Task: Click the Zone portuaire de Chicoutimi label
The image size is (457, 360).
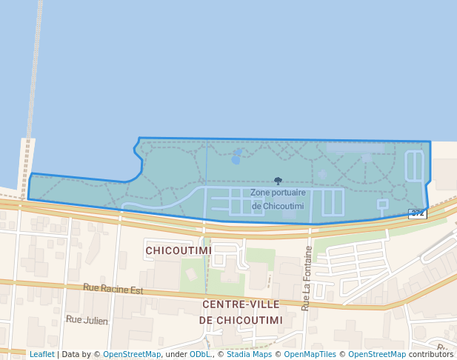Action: [x=278, y=199]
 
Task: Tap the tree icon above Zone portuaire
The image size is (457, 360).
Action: [x=278, y=181]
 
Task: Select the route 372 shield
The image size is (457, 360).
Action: [x=417, y=213]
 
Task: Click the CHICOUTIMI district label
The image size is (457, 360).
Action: [x=179, y=250]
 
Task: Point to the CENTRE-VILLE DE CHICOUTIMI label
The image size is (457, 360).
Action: [x=241, y=312]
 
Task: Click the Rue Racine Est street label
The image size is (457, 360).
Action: [x=113, y=289]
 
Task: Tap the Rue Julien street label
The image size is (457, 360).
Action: [x=87, y=320]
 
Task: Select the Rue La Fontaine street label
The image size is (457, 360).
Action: [x=306, y=278]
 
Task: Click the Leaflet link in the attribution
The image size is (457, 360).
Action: [x=41, y=354]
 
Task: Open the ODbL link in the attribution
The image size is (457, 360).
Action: [x=199, y=354]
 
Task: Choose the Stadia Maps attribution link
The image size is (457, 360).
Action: [x=249, y=354]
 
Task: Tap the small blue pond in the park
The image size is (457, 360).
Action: [x=236, y=157]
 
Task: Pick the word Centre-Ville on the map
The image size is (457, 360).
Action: [x=241, y=304]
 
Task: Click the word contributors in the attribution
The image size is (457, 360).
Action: [x=430, y=354]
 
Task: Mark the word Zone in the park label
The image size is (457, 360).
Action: [x=260, y=193]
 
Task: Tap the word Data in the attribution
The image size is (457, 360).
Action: [x=72, y=354]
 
